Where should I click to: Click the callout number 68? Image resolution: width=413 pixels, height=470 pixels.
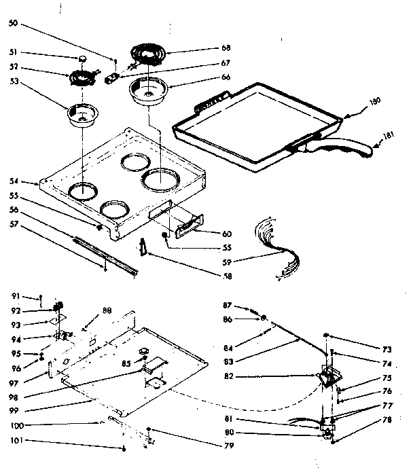(226, 48)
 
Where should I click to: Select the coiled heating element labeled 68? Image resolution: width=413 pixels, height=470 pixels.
(153, 54)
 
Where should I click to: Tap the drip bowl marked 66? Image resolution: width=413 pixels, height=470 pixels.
(148, 91)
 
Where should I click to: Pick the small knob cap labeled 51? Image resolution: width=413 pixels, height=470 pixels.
(83, 58)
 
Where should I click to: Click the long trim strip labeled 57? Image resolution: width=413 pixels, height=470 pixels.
(105, 252)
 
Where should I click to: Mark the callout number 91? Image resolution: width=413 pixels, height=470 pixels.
(18, 296)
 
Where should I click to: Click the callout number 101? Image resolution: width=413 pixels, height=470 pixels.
(18, 447)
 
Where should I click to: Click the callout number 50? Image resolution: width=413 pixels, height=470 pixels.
(18, 24)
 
